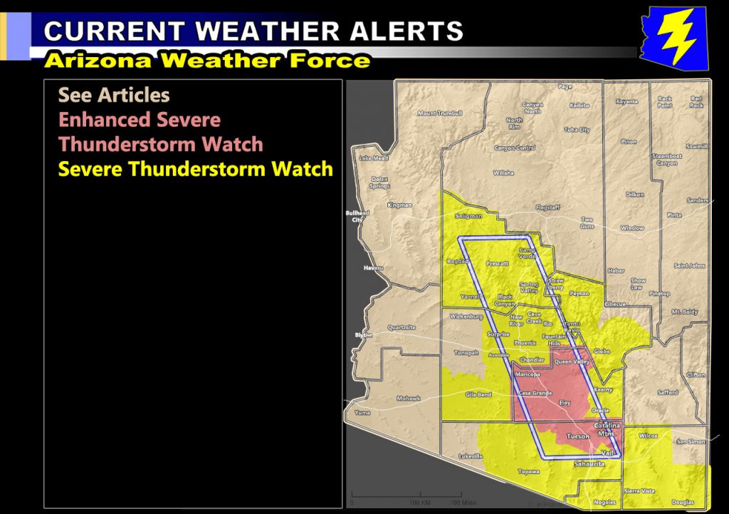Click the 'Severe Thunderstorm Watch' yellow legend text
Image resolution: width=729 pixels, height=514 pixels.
click(195, 170)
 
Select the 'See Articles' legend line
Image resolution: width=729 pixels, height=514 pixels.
click(114, 95)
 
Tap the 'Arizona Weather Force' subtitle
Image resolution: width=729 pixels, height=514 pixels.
click(207, 61)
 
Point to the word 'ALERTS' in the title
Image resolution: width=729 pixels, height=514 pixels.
click(399, 31)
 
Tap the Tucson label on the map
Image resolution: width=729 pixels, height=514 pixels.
click(577, 436)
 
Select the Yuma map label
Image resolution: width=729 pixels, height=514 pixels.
click(363, 413)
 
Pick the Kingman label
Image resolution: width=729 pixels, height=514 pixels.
click(399, 205)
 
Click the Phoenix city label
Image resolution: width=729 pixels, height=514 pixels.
click(525, 343)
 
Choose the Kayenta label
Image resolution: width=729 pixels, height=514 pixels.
click(626, 101)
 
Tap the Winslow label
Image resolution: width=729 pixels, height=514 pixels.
click(632, 228)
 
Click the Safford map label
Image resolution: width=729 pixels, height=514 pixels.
click(668, 392)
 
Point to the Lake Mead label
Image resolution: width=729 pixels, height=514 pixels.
click(374, 158)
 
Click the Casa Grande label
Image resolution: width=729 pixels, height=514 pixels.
click(535, 393)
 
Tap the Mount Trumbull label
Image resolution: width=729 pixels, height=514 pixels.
click(440, 113)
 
